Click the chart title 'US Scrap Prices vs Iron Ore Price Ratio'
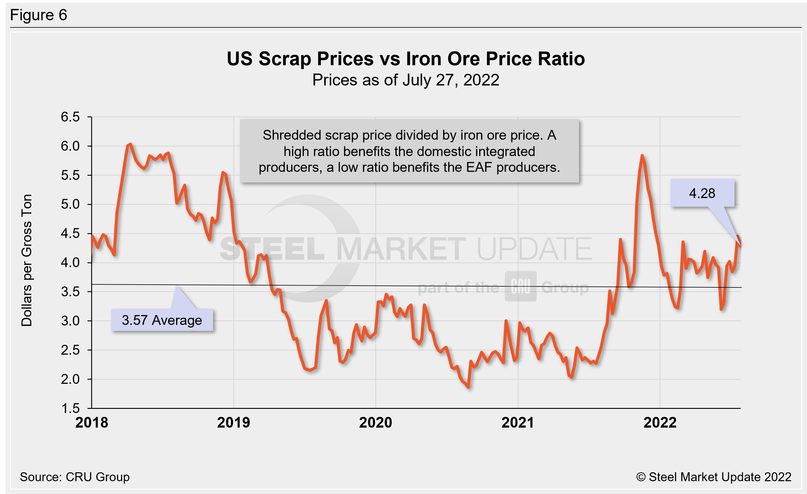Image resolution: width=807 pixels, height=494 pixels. click(406, 59)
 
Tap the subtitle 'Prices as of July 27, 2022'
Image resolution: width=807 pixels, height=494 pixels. click(406, 80)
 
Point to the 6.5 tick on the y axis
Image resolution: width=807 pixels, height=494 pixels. click(70, 117)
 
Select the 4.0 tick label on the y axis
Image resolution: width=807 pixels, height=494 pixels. click(70, 263)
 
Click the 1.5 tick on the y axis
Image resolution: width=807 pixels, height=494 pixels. click(70, 408)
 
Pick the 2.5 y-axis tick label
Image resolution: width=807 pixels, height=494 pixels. click(70, 350)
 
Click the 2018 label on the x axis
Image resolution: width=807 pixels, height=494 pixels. click(92, 423)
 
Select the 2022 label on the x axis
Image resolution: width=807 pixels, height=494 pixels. click(659, 423)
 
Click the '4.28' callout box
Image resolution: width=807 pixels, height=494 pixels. click(702, 193)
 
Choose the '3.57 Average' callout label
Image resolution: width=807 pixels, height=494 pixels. click(162, 320)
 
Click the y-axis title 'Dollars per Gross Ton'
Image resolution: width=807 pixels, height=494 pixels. click(27, 261)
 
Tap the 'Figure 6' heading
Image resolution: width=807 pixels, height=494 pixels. click(39, 15)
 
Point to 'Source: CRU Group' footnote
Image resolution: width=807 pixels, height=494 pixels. click(75, 477)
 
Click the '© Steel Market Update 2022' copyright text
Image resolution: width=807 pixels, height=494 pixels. click(714, 477)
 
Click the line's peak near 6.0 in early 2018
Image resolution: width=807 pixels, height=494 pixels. click(130, 144)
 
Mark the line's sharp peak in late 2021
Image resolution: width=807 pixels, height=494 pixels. click(642, 156)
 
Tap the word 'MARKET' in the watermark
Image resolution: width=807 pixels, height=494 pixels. click(401, 249)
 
